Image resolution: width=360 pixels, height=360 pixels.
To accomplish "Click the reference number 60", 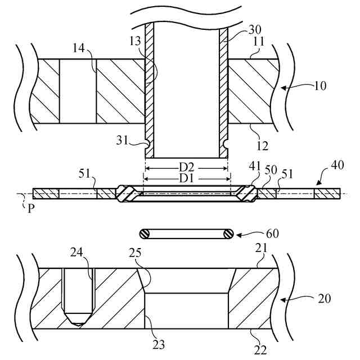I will [x=272, y=232].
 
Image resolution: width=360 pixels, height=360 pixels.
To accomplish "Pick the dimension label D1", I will [x=187, y=178].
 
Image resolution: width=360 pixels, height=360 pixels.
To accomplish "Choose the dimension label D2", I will [x=187, y=168].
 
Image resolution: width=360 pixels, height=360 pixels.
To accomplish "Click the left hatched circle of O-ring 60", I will [x=146, y=233].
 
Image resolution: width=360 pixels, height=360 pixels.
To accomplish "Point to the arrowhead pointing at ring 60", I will [x=236, y=233].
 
